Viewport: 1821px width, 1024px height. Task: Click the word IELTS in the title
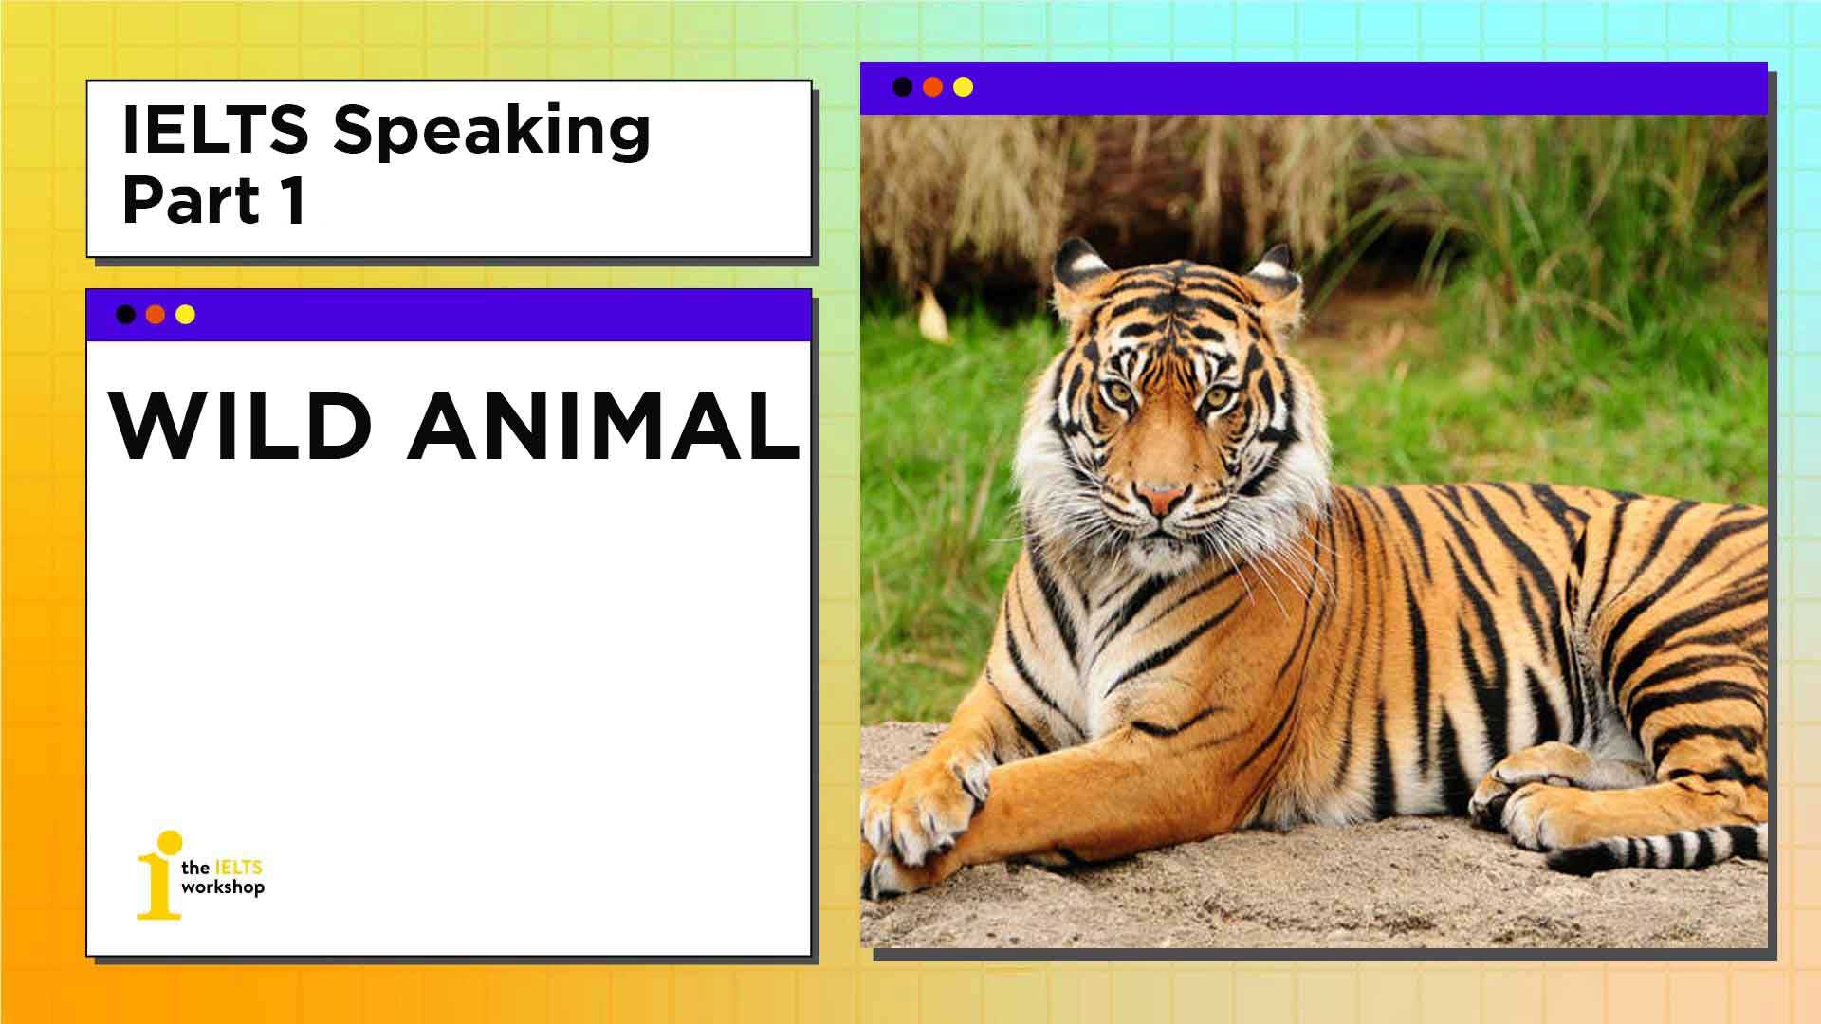pos(215,130)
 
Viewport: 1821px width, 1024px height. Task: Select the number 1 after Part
pos(293,201)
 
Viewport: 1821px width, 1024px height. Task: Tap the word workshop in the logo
pos(223,888)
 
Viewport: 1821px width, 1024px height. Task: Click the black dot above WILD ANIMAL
pos(125,315)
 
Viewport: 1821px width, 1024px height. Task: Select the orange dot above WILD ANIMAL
pos(156,315)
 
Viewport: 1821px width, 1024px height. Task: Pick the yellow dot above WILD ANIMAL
pos(186,315)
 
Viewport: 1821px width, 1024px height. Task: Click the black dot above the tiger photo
pos(903,87)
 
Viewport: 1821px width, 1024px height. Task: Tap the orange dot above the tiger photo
pos(933,87)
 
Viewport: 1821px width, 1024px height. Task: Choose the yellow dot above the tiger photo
pos(964,87)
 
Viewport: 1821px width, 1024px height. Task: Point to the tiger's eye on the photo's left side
pos(1120,391)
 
